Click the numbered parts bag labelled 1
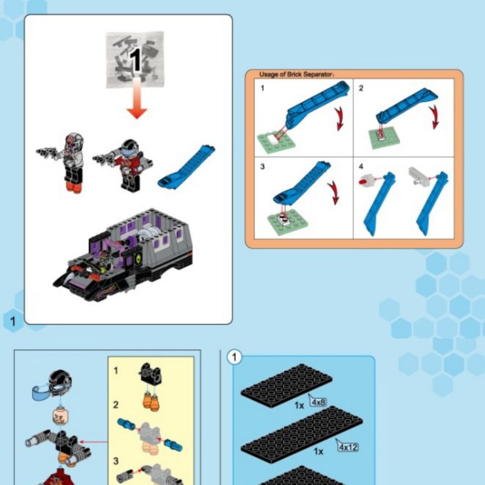pyautogui.click(x=135, y=59)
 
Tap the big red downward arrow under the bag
pyautogui.click(x=137, y=98)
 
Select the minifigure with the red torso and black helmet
pyautogui.click(x=124, y=165)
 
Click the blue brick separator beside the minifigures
pyautogui.click(x=187, y=167)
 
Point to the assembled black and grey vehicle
pyautogui.click(x=123, y=255)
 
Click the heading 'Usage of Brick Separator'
pyautogui.click(x=296, y=74)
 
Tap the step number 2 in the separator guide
pyautogui.click(x=361, y=88)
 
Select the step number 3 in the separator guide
pyautogui.click(x=263, y=167)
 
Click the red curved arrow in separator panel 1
pyautogui.click(x=340, y=118)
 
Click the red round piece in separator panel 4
pyautogui.click(x=364, y=180)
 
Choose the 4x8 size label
pyautogui.click(x=318, y=402)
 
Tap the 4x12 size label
pyautogui.click(x=347, y=447)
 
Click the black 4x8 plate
pyautogui.click(x=286, y=386)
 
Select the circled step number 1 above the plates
pyautogui.click(x=234, y=357)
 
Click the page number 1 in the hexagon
pyautogui.click(x=13, y=321)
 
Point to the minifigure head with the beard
pyautogui.click(x=61, y=416)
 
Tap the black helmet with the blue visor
pyautogui.click(x=53, y=384)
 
